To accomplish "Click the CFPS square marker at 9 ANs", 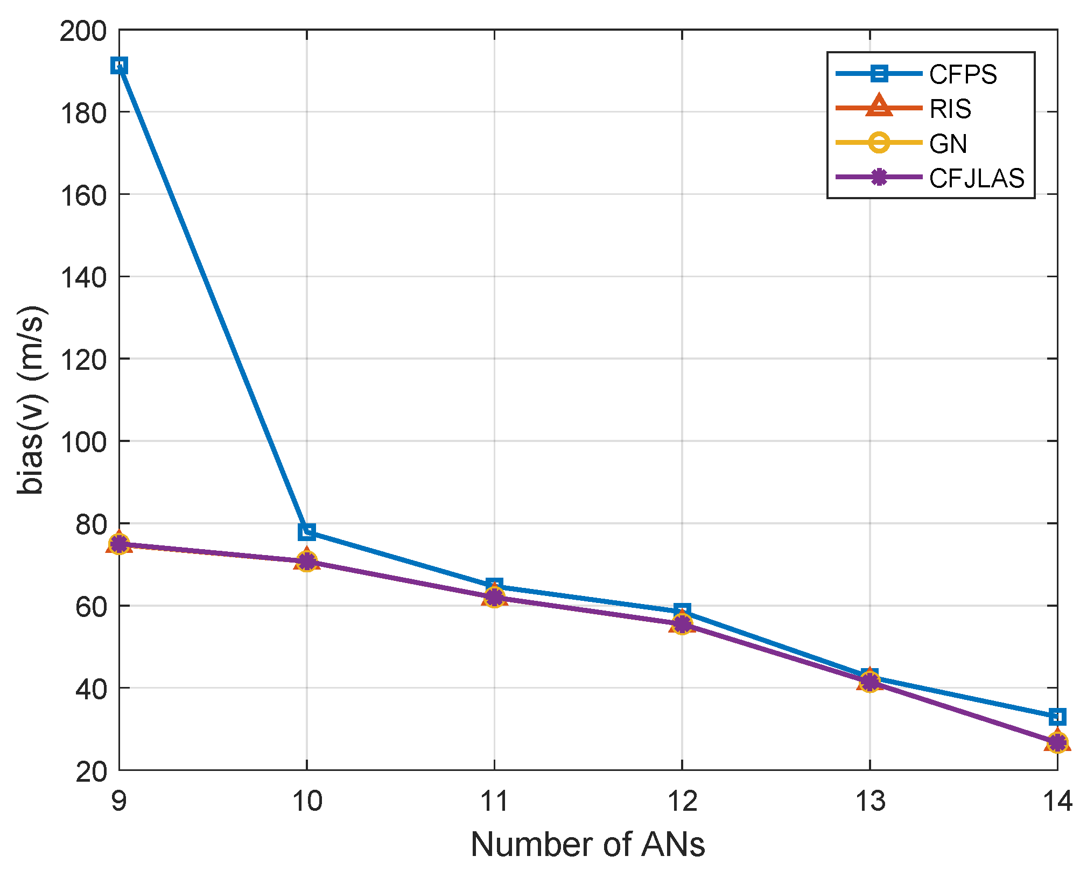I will (x=120, y=66).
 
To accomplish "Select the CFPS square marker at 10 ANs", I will (x=307, y=531).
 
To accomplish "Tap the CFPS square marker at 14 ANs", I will (x=1057, y=717).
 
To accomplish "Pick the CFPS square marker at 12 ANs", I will (x=682, y=611).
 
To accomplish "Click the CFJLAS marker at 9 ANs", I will (x=120, y=544).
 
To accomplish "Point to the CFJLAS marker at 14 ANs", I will (x=1057, y=743).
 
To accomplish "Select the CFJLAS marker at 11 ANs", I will (x=494, y=597).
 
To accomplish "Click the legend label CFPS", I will (x=963, y=74).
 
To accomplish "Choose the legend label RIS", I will (x=950, y=109).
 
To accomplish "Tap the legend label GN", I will (x=948, y=144).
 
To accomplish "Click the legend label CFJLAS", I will (x=977, y=178).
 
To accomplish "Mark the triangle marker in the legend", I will (x=879, y=107).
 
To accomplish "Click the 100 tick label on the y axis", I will (x=83, y=442).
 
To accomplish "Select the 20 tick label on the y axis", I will (x=92, y=771).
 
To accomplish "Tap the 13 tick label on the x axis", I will (x=870, y=801).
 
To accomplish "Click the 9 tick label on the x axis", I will (x=119, y=801).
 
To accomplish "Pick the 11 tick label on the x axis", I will (x=494, y=801).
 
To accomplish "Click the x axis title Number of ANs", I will (x=588, y=844).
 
